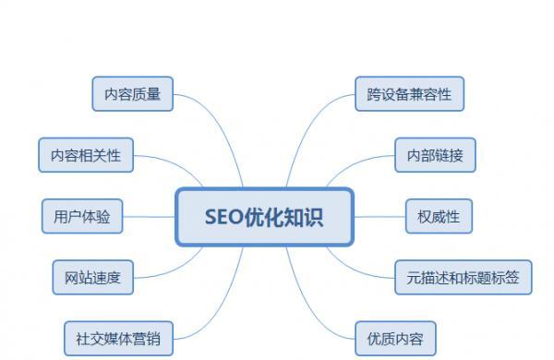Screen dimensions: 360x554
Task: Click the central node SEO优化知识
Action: point(265,217)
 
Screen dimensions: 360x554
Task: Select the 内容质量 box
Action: point(133,93)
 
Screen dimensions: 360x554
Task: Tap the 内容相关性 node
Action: point(86,154)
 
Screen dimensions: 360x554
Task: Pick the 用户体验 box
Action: point(82,216)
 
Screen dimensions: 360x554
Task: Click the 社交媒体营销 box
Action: point(118,336)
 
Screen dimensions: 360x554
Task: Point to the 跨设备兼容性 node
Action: point(409,93)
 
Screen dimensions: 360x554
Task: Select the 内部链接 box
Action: point(435,154)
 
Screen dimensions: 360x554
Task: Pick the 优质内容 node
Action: point(395,336)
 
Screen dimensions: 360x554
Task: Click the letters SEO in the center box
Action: point(223,217)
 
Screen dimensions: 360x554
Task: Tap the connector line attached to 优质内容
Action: point(319,314)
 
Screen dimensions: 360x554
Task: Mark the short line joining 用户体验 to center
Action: point(148,217)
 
